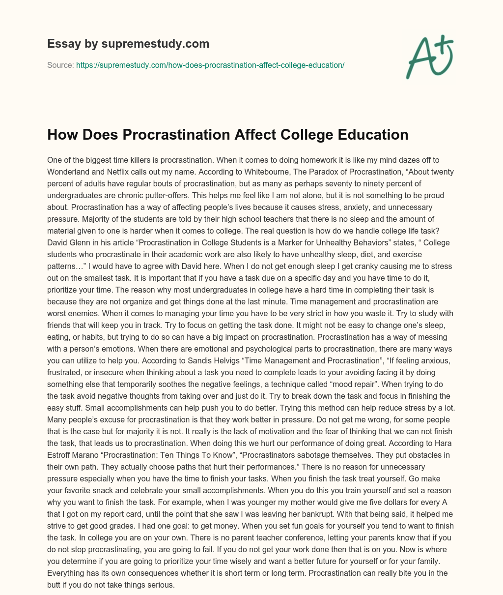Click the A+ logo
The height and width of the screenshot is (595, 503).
point(429,58)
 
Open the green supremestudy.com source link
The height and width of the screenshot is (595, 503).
point(210,65)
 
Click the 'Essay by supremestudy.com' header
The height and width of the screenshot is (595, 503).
point(128,44)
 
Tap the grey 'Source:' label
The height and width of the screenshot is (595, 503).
point(60,65)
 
